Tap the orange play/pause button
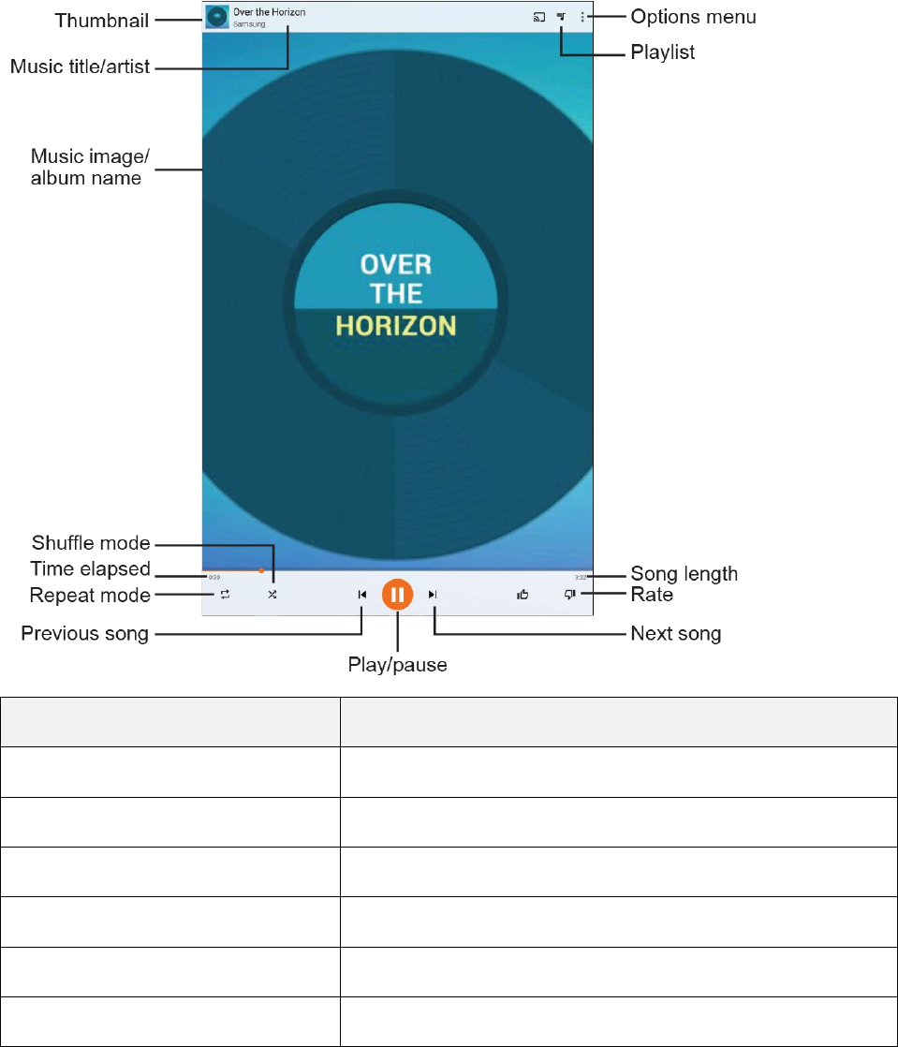tap(398, 594)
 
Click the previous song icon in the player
tap(361, 594)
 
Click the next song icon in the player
tap(433, 594)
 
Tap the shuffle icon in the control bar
tap(272, 595)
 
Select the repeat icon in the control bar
tap(225, 595)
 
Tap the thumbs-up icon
tap(523, 594)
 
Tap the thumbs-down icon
tap(569, 594)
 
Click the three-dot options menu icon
tap(582, 17)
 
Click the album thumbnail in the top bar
tap(217, 17)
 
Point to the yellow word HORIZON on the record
tap(396, 326)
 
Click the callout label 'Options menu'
tap(693, 17)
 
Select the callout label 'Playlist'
tap(662, 52)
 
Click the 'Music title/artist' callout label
tap(81, 66)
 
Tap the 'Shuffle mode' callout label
tap(91, 543)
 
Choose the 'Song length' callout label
tap(685, 573)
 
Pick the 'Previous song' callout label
tap(85, 634)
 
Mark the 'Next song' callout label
tap(676, 634)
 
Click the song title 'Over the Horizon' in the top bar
tap(269, 13)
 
